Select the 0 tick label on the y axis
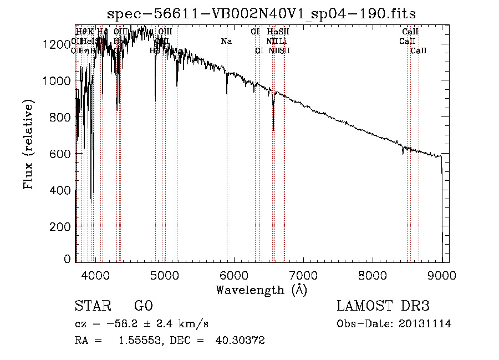[x=67, y=258]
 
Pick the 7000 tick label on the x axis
[x=303, y=273]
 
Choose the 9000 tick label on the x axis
[x=442, y=273]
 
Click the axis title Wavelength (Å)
[x=261, y=289]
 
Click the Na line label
[x=226, y=42]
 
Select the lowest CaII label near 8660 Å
[x=419, y=51]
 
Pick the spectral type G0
[x=142, y=307]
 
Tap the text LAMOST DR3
[x=383, y=307]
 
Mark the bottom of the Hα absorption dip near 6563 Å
[x=273, y=130]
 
